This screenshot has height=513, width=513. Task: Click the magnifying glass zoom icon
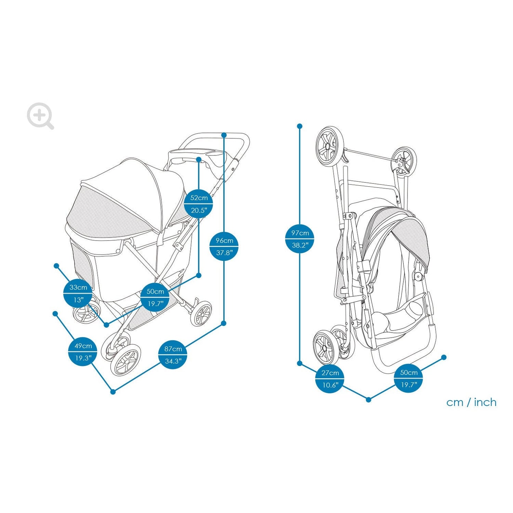pyautogui.click(x=40, y=115)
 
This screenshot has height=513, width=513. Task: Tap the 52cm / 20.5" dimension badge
pyautogui.click(x=198, y=204)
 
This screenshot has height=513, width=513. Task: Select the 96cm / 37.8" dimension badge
pyautogui.click(x=224, y=246)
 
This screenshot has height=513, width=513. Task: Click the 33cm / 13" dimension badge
pyautogui.click(x=78, y=293)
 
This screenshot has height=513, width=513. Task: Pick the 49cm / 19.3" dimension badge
pyautogui.click(x=83, y=352)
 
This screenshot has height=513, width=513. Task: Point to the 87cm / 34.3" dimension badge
pyautogui.click(x=173, y=355)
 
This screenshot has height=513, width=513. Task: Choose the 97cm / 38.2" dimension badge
pyautogui.click(x=300, y=239)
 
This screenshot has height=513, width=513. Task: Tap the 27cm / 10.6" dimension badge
pyautogui.click(x=330, y=379)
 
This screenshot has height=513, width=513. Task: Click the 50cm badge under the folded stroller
pyautogui.click(x=408, y=378)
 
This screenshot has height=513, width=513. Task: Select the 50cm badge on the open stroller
pyautogui.click(x=155, y=298)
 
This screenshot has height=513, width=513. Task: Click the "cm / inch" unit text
pyautogui.click(x=471, y=403)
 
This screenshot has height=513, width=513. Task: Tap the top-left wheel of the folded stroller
pyautogui.click(x=330, y=146)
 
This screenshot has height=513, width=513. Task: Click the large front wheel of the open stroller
pyautogui.click(x=125, y=360)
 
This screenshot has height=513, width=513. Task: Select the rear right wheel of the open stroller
pyautogui.click(x=201, y=313)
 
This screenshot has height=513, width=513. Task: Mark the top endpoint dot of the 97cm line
pyautogui.click(x=300, y=126)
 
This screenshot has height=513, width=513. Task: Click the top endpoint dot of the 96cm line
pyautogui.click(x=224, y=135)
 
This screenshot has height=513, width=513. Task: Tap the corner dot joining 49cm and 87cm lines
pyautogui.click(x=113, y=392)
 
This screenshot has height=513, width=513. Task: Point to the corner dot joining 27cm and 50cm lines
pyautogui.click(x=369, y=400)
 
